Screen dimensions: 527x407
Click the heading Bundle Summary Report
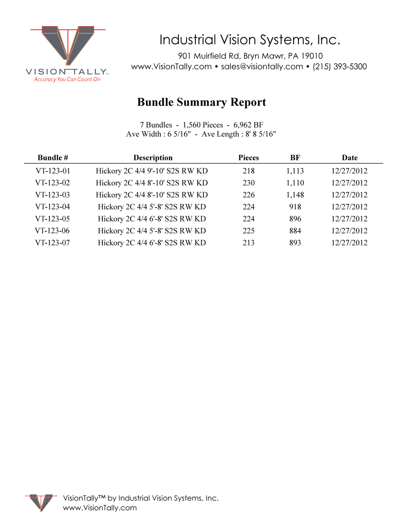[x=202, y=102]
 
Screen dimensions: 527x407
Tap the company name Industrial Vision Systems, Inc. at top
[x=249, y=39]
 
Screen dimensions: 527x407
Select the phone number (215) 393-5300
[x=340, y=67]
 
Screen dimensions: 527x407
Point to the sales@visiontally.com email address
[x=262, y=67]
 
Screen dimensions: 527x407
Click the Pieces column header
[x=249, y=158]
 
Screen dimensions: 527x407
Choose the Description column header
[x=153, y=158]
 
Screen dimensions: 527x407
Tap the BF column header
[x=295, y=158]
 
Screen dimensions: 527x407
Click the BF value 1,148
[x=295, y=195]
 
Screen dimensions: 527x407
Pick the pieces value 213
[x=249, y=243]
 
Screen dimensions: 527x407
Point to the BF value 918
[x=295, y=207]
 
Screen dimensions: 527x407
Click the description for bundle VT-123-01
[x=152, y=171]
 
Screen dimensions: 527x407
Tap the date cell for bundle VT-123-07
[x=350, y=243]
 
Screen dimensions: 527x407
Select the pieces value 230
[x=249, y=183]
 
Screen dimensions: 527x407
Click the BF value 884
[x=295, y=231]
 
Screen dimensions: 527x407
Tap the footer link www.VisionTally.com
[x=100, y=508]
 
